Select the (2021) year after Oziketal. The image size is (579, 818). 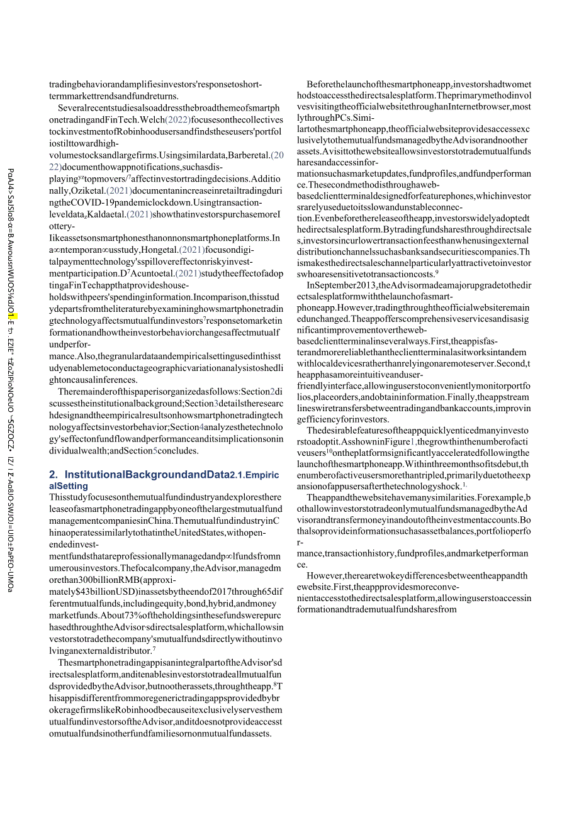[x=119, y=191]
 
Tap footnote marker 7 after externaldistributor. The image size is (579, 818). [x=154, y=649]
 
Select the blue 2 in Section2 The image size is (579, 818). [x=273, y=391]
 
